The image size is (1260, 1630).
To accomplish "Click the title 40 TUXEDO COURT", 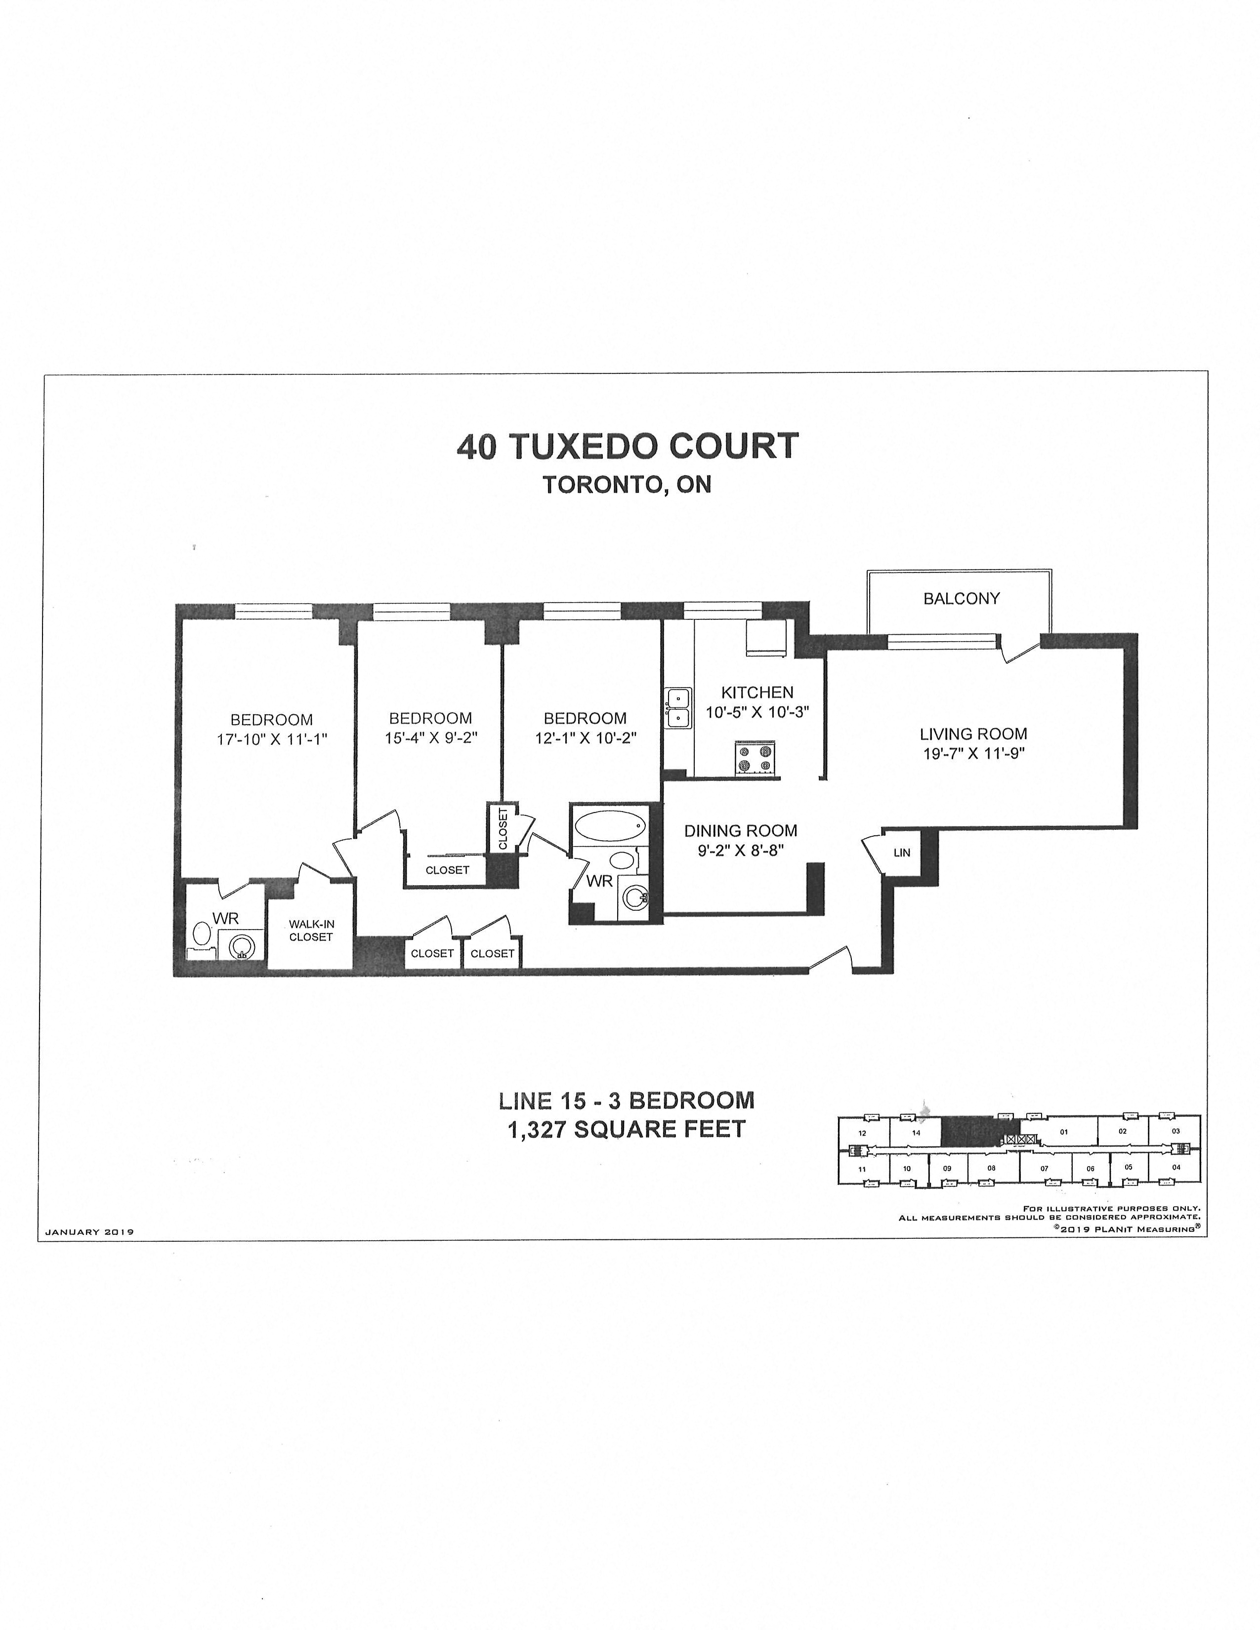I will click(628, 447).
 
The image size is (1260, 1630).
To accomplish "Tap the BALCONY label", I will click(961, 599).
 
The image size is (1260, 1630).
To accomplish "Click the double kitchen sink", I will click(678, 707).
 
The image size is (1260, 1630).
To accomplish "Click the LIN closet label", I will click(902, 853).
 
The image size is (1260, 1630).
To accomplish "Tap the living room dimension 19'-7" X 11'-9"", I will click(973, 754).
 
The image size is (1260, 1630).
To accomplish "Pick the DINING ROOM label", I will click(741, 831).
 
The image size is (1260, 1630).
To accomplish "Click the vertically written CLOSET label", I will click(503, 828).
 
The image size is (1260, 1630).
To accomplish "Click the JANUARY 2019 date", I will click(89, 1232).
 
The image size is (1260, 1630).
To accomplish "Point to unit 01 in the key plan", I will click(1064, 1132).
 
